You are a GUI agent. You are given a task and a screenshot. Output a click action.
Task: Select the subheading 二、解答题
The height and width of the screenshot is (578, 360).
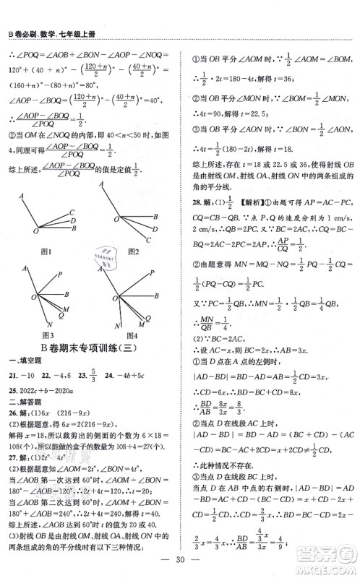[22, 401]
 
